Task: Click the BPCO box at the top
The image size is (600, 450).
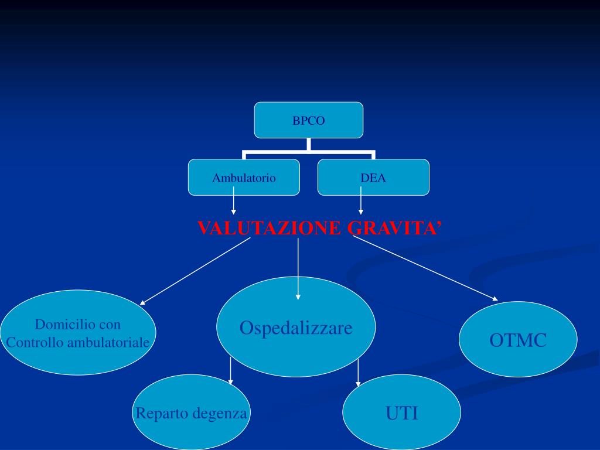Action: pos(308,120)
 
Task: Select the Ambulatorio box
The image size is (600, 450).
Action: pos(244,177)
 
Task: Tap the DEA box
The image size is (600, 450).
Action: pos(373,177)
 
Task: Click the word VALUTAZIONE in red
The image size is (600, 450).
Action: pos(269,229)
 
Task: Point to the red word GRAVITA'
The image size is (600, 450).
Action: pos(394,229)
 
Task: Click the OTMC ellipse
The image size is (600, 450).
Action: pos(518,339)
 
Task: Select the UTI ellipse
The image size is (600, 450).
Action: pos(401,414)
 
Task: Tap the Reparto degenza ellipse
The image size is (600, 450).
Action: pos(192,413)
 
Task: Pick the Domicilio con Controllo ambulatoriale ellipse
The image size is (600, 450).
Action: pos(78,333)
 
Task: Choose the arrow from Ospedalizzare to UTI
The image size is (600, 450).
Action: pos(358,372)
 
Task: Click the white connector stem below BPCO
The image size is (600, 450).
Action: pos(308,145)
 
